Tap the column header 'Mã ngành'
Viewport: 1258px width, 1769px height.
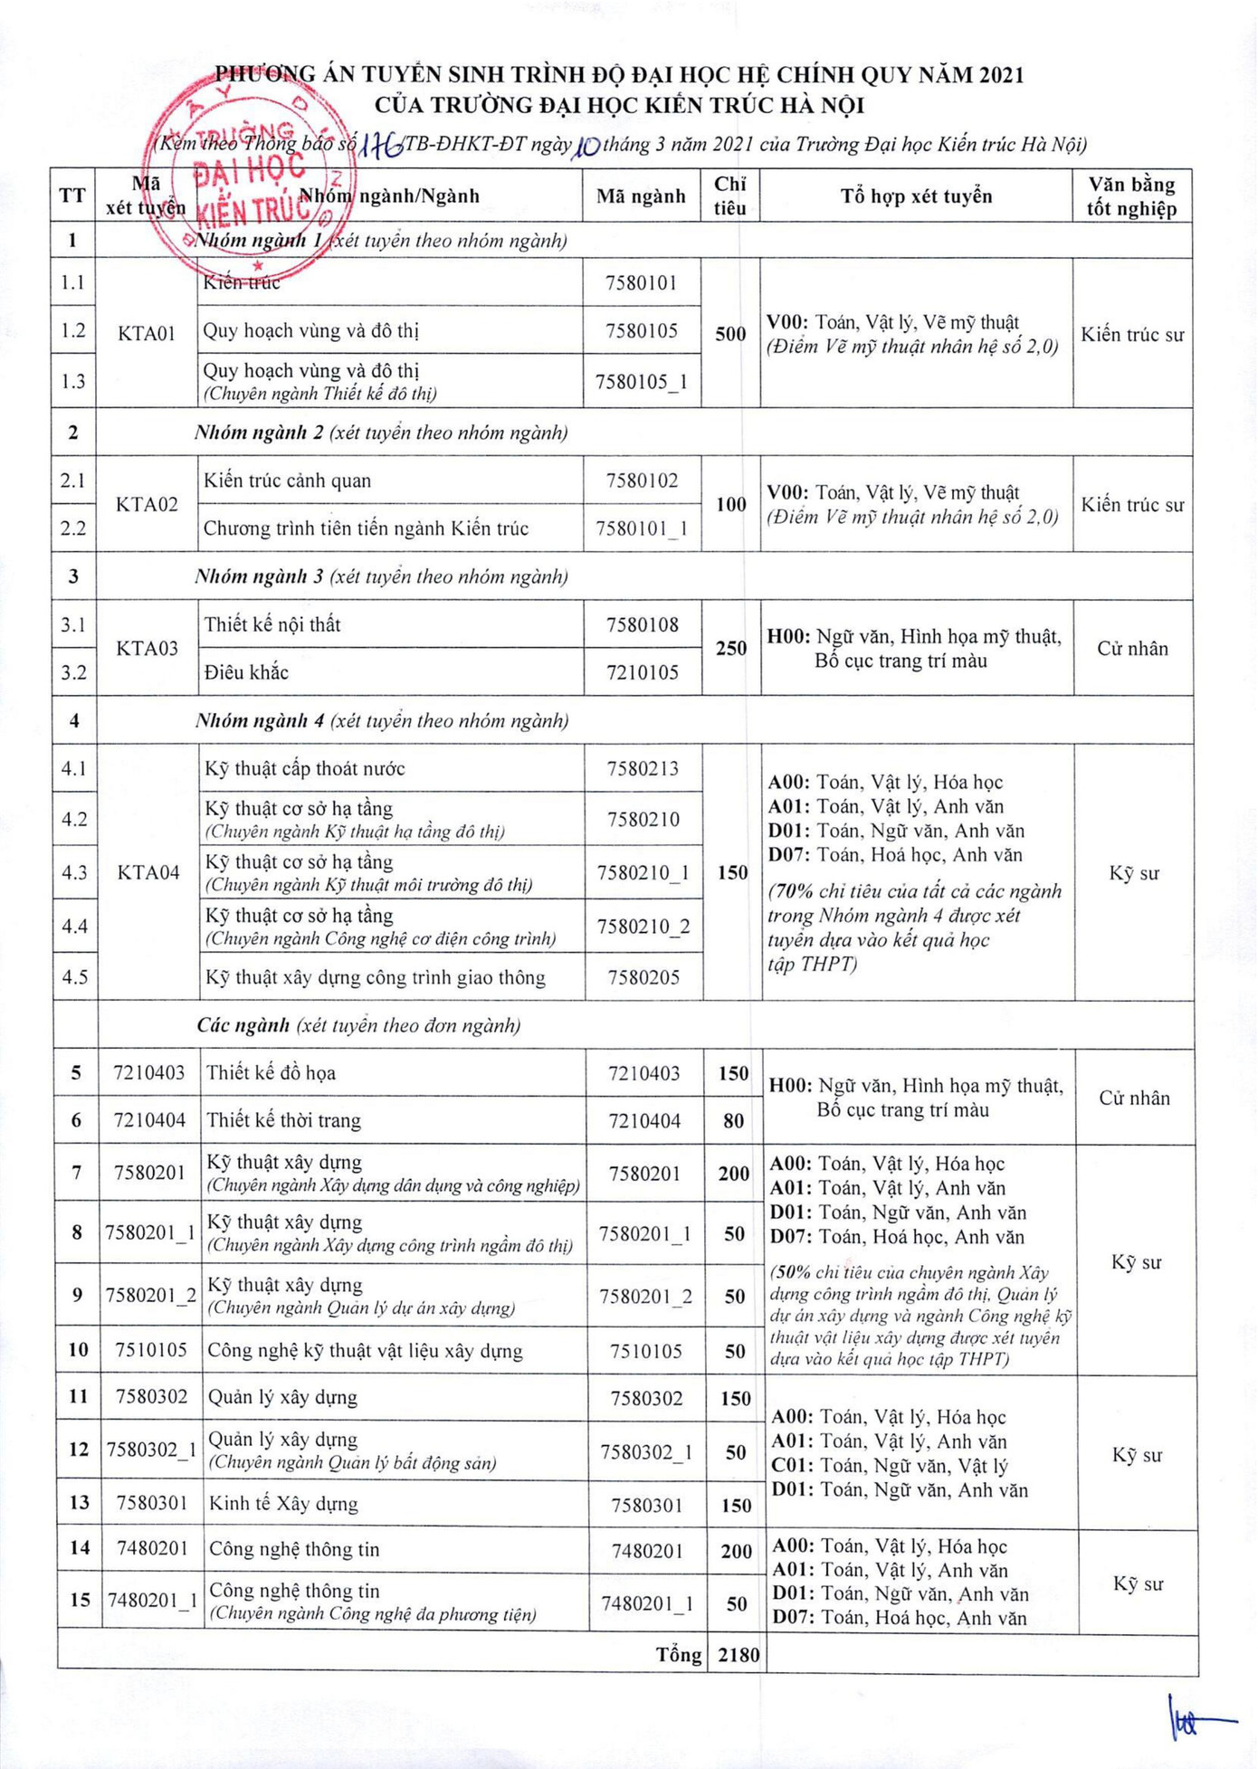(641, 196)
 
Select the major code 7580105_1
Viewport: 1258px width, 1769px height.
(642, 382)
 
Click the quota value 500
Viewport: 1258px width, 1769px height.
(730, 334)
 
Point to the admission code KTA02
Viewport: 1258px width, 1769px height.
(147, 504)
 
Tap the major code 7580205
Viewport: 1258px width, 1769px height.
(643, 977)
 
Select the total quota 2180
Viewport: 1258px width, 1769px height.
(739, 1655)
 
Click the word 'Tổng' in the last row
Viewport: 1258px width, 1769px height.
(679, 1655)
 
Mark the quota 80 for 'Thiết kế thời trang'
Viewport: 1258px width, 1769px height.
(733, 1121)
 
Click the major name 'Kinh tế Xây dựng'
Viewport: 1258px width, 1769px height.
(283, 1504)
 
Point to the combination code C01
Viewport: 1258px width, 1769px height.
(791, 1466)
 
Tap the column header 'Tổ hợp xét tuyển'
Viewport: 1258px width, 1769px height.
(916, 196)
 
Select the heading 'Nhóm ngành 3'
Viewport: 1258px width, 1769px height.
(259, 576)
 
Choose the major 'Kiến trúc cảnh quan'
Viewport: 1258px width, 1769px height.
(287, 480)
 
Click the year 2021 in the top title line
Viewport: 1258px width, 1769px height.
(993, 74)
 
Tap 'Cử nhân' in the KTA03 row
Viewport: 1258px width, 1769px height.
(1132, 649)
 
